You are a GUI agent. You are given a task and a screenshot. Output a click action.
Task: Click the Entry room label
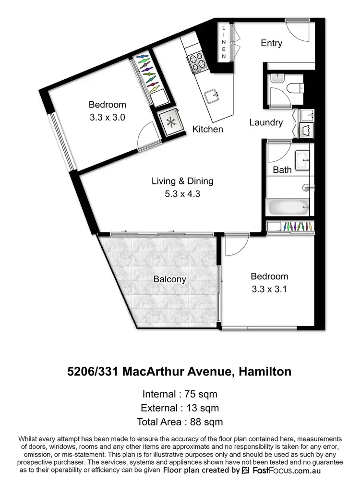click(271, 43)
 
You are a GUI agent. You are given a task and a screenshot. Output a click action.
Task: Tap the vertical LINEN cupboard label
click(224, 42)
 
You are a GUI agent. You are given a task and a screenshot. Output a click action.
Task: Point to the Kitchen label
click(207, 129)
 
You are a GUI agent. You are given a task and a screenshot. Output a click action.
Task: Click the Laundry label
click(266, 122)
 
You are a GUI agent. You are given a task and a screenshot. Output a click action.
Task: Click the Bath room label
click(282, 169)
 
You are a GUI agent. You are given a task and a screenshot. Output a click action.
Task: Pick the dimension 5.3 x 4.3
click(182, 195)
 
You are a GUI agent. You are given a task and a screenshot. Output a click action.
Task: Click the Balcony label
click(169, 279)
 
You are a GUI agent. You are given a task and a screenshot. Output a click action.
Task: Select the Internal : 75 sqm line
click(180, 394)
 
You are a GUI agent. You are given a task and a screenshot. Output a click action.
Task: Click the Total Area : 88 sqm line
click(180, 422)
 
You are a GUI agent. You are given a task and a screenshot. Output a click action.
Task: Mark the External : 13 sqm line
click(180, 408)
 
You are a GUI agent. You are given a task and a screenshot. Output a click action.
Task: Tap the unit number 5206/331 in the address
click(94, 371)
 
